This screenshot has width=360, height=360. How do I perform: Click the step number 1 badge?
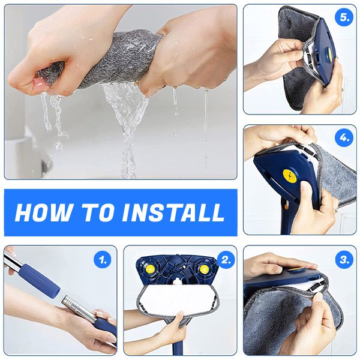103,260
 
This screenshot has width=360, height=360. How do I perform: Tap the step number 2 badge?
226,260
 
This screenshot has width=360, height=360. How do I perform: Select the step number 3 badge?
344,260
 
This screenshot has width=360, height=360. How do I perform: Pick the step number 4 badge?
344,138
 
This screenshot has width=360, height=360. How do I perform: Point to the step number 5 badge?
344,17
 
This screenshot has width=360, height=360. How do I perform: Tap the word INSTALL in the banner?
174,212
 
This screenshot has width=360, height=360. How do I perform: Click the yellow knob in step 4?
290,176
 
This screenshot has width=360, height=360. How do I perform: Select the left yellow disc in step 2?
150,269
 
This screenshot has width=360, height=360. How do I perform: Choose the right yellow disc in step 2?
204,269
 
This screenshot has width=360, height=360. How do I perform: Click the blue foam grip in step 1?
39,281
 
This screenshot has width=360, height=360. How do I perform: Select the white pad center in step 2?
177,298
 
